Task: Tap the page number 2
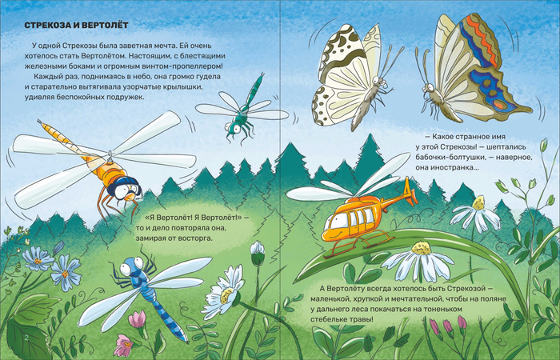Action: pyautogui.click(x=26, y=338)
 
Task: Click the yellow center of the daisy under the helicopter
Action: pyautogui.click(x=421, y=248)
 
